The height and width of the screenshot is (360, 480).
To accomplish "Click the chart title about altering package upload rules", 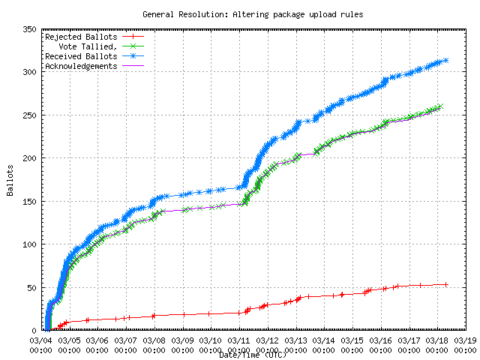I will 240,14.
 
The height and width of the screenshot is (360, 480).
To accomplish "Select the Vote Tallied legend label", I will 88,46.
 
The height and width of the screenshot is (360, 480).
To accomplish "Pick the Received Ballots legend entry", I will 80,56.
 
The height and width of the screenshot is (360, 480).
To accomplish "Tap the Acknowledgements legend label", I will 80,66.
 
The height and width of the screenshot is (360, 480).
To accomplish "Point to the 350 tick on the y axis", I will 29,29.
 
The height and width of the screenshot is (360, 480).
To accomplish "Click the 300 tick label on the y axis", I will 29,72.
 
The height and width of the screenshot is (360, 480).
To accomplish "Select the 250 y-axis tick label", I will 29,115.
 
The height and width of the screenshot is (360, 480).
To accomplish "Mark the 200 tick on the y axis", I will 29,158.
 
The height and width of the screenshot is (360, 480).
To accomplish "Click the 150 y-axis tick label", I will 29,201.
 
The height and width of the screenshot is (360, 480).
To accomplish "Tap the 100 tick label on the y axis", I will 29,244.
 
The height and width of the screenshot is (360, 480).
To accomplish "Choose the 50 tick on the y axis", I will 31,287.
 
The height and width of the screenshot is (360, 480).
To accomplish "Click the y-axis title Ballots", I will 10,181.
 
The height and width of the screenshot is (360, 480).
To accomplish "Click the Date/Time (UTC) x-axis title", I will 253,354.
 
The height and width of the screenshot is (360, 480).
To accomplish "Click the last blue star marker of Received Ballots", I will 445,61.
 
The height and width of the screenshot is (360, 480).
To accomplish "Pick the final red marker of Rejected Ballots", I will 445,284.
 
